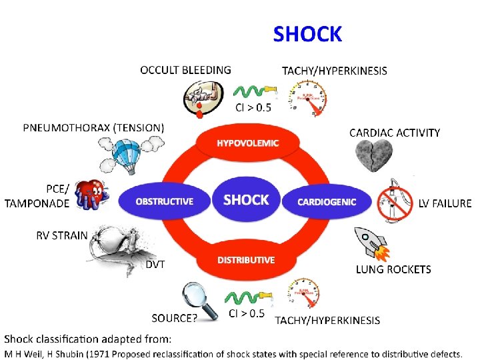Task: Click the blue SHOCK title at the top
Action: coord(307,34)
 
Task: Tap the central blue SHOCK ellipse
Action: coord(246,200)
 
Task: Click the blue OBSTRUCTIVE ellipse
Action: coord(164,201)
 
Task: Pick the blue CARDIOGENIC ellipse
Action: coord(327,201)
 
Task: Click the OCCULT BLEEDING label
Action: coord(185,69)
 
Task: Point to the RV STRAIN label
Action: coord(61,235)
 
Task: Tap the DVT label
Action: coord(155,265)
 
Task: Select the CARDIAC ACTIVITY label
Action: coord(395,133)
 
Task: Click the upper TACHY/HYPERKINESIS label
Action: coord(334,71)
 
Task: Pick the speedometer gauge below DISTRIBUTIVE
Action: coord(306,297)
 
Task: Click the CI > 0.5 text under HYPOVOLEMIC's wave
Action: coord(253,107)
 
